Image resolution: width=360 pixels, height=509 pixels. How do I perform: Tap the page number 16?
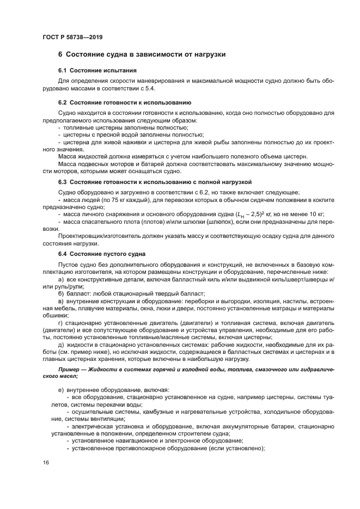[45, 462]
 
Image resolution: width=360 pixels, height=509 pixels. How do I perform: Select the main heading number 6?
[60, 54]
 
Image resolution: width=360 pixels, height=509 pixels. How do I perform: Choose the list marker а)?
[61, 279]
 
